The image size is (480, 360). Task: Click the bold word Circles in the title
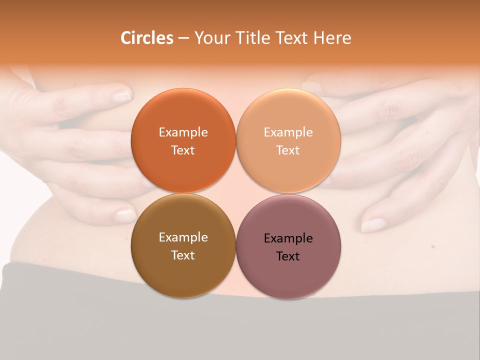click(147, 38)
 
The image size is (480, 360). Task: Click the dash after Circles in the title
click(183, 38)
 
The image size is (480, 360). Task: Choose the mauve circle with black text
click(288, 272)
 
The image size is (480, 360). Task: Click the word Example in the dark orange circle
click(183, 132)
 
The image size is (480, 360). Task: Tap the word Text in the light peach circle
click(288, 150)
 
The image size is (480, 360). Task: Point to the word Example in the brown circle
click(183, 237)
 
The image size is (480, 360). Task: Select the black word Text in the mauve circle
click(288, 256)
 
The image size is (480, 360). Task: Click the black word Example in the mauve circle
click(288, 238)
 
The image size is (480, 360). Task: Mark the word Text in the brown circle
click(183, 255)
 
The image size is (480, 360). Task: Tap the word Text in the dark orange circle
click(183, 150)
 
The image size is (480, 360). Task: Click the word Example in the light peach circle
click(288, 132)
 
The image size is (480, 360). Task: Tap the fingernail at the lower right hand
click(372, 225)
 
